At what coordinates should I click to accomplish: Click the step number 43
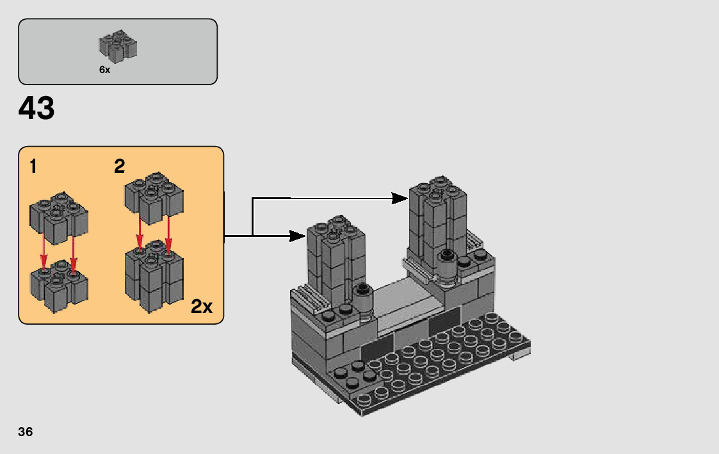[x=36, y=108]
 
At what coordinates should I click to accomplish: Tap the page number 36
[x=26, y=432]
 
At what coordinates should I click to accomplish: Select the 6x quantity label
[x=104, y=70]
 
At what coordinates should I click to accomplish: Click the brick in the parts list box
[x=118, y=46]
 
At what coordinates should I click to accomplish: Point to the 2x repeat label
[x=202, y=306]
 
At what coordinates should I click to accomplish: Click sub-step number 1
[x=33, y=166]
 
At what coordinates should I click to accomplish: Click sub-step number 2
[x=119, y=166]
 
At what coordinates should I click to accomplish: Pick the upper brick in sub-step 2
[x=154, y=198]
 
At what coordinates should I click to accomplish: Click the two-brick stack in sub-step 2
[x=154, y=276]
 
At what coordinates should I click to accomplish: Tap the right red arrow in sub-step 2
[x=168, y=236]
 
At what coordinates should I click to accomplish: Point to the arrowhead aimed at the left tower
[x=298, y=236]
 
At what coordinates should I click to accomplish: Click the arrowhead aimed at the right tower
[x=400, y=199]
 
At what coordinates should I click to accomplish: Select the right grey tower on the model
[x=438, y=221]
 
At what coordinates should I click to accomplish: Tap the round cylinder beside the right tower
[x=447, y=268]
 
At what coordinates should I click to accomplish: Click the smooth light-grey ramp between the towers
[x=403, y=304]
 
